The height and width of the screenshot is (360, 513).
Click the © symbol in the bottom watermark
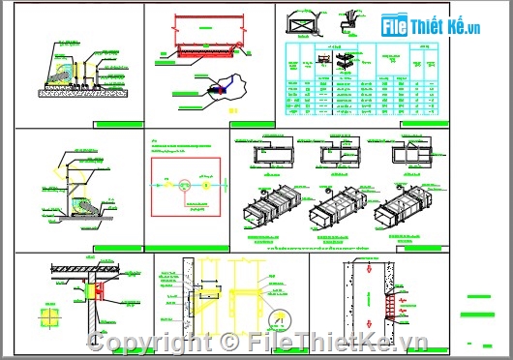tap(228, 341)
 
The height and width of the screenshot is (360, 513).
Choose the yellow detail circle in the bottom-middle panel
tap(281, 319)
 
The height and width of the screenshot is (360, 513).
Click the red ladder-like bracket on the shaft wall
tap(389, 306)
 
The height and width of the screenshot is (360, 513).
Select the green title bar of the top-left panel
tap(118, 125)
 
